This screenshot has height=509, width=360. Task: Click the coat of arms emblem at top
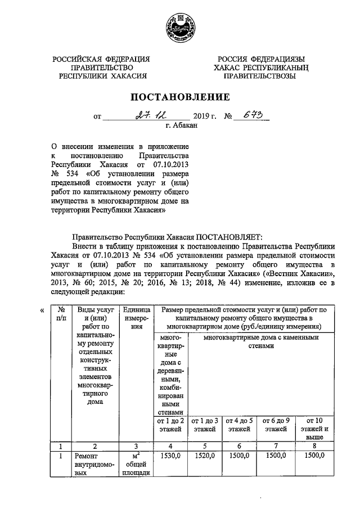[x=180, y=29]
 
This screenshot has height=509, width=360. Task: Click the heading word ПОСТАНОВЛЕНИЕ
[x=181, y=97]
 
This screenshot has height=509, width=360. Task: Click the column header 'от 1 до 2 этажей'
[x=169, y=425]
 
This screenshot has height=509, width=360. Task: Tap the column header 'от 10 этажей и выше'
[x=313, y=429]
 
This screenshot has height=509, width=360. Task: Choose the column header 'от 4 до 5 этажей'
[x=240, y=425]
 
